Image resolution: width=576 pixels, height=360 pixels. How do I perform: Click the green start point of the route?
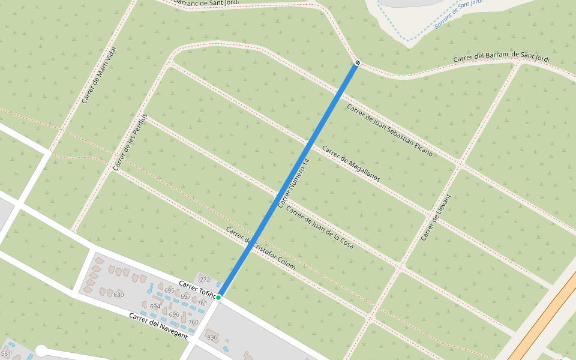(x=219, y=297)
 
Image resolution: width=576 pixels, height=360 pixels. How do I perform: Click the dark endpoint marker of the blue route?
(x=358, y=62)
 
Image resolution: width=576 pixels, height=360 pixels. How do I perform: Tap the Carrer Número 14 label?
(x=293, y=183)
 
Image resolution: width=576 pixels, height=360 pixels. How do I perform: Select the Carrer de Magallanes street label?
(x=351, y=164)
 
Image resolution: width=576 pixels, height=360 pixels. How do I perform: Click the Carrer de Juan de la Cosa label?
(x=319, y=227)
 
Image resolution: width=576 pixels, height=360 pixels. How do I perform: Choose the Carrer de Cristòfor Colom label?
(x=260, y=248)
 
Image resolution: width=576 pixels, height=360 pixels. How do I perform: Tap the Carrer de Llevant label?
(x=436, y=217)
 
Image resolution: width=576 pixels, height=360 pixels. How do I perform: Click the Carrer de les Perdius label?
(x=130, y=141)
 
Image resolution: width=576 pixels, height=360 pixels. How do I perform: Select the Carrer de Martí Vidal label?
(x=99, y=74)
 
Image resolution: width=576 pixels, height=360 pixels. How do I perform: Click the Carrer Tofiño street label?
(x=197, y=287)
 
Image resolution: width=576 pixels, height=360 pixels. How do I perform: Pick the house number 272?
(x=205, y=280)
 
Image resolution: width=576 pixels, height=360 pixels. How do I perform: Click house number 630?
(x=118, y=295)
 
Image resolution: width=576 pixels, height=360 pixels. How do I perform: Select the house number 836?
(x=212, y=337)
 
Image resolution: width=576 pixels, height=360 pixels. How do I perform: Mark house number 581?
(x=6, y=354)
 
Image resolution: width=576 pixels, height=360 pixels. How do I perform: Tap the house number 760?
(x=193, y=322)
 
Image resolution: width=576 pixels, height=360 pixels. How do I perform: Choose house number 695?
(x=169, y=290)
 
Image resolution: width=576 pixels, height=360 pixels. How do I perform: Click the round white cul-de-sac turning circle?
(x=41, y=350)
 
